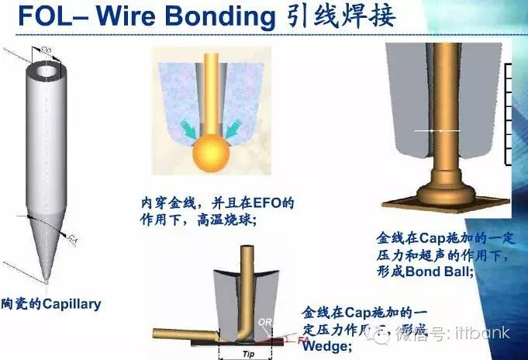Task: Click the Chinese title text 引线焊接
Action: click(x=344, y=18)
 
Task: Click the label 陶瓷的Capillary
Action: click(x=51, y=304)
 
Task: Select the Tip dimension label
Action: click(x=247, y=353)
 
